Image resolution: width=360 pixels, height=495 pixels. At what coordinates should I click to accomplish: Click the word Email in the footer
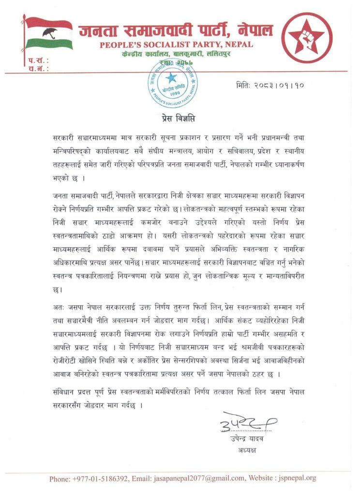[144, 479]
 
